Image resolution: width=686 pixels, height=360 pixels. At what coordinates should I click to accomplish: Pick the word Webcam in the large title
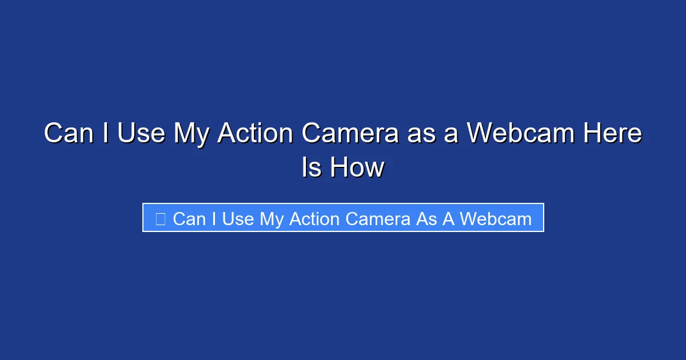click(x=521, y=134)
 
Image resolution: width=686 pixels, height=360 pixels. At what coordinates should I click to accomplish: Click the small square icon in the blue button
click(x=161, y=219)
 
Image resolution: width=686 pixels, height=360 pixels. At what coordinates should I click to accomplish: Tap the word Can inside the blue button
click(x=189, y=219)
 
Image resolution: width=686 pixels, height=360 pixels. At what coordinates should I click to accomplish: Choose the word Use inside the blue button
click(x=238, y=219)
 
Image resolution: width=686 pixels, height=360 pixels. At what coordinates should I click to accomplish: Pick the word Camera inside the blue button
click(x=380, y=219)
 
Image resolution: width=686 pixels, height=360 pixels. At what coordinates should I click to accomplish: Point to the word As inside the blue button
click(x=426, y=219)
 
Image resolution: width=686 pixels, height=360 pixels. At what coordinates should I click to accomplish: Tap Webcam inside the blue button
click(x=495, y=219)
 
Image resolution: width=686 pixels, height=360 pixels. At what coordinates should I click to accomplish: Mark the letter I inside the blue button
click(x=214, y=219)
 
